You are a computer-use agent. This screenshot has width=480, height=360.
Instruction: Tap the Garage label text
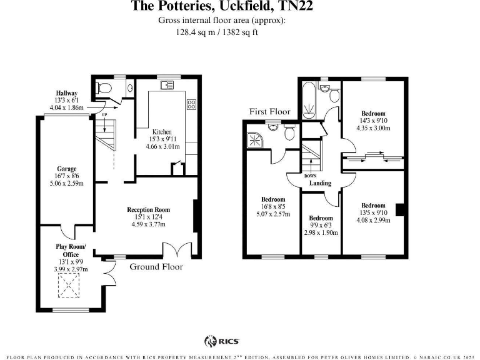[67, 169]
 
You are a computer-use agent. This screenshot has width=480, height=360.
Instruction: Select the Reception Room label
[148, 210]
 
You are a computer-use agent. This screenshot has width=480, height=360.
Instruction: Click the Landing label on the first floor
[320, 183]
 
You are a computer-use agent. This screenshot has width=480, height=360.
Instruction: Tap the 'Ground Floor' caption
[156, 267]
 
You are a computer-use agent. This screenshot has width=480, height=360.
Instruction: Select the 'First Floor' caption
[270, 112]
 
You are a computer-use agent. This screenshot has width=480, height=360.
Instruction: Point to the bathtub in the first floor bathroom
[308, 101]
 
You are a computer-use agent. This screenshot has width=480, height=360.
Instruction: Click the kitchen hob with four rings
[192, 104]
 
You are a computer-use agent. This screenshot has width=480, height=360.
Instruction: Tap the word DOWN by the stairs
[311, 176]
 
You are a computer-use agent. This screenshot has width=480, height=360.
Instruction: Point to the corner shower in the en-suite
[255, 139]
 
